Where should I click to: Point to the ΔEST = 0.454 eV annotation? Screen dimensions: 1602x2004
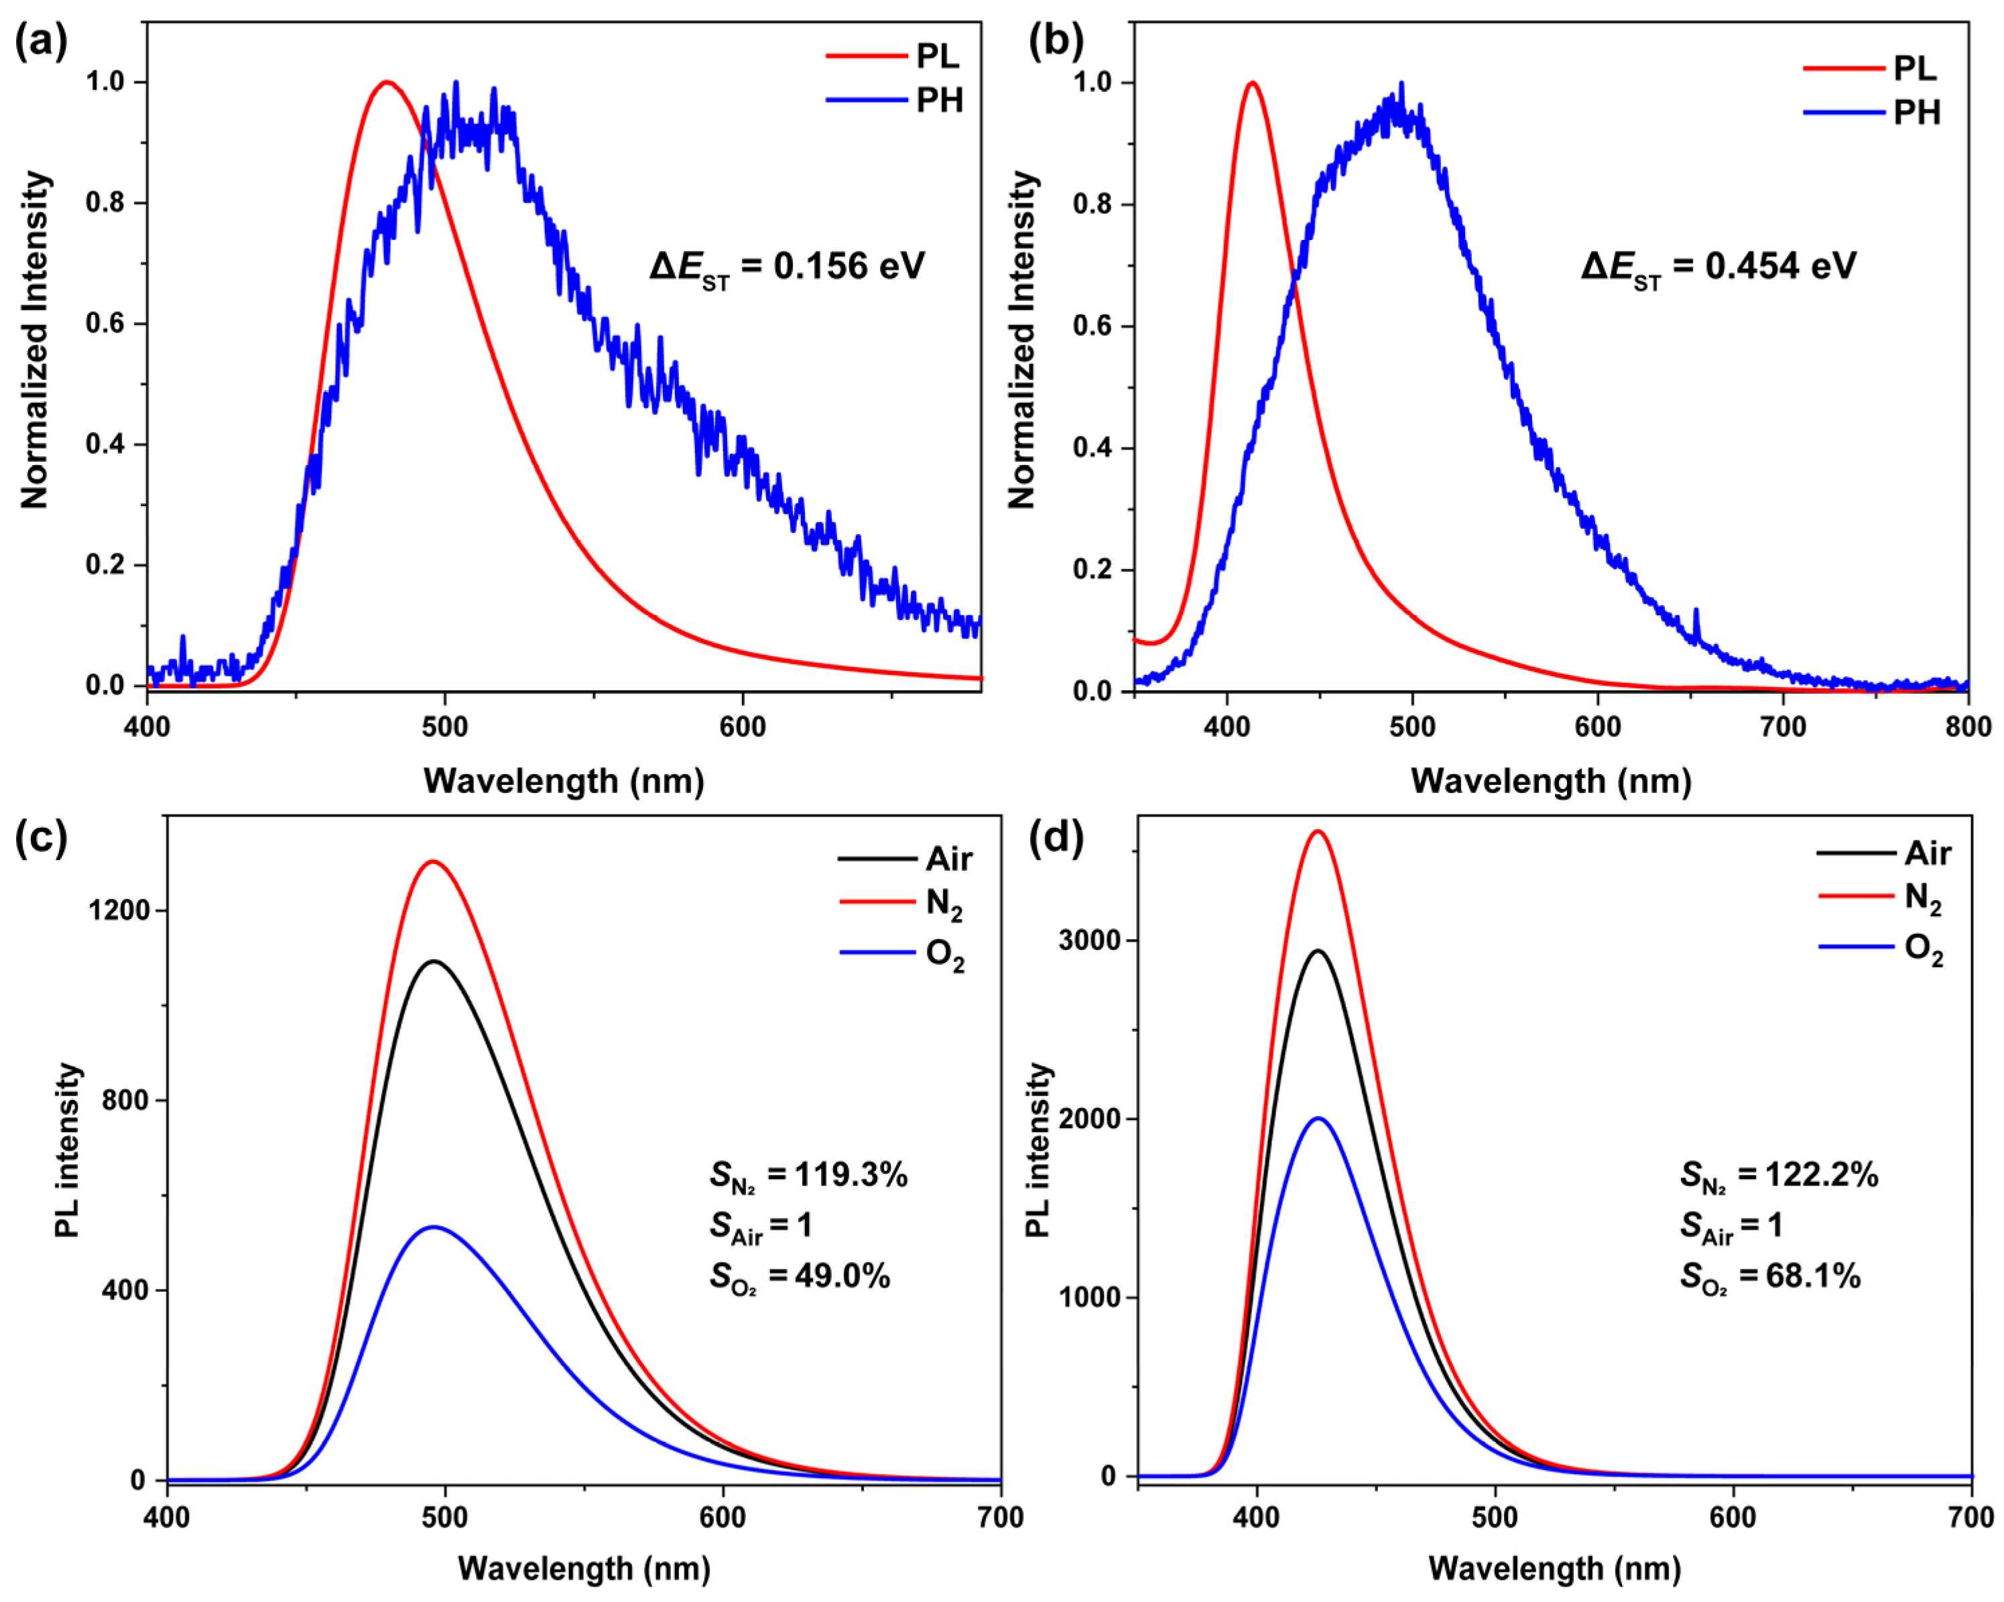1718,267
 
